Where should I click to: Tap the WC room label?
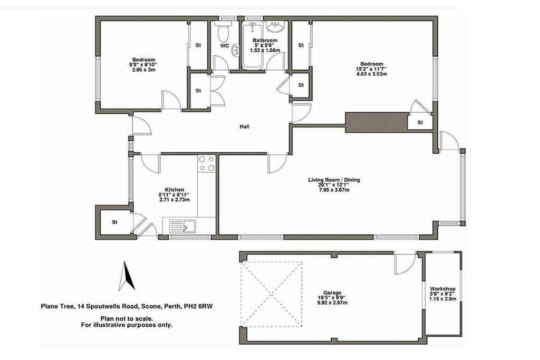pyautogui.click(x=225, y=45)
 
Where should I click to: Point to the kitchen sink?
pyautogui.click(x=182, y=227)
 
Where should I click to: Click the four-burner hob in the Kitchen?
pyautogui.click(x=207, y=164)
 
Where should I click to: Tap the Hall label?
pyautogui.click(x=244, y=127)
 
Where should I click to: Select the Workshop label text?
pyautogui.click(x=442, y=289)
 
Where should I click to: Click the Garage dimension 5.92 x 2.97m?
pyautogui.click(x=332, y=303)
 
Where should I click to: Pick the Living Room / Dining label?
pyautogui.click(x=334, y=180)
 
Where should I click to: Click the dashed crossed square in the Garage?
pyautogui.click(x=272, y=294)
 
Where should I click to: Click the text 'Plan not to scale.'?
pyautogui.click(x=127, y=319)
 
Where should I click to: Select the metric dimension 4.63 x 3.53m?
pyautogui.click(x=372, y=74)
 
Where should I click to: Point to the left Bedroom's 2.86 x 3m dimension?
pyautogui.click(x=143, y=70)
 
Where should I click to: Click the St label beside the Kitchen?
pyautogui.click(x=114, y=222)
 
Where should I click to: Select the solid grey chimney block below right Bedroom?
pyautogui.click(x=377, y=122)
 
